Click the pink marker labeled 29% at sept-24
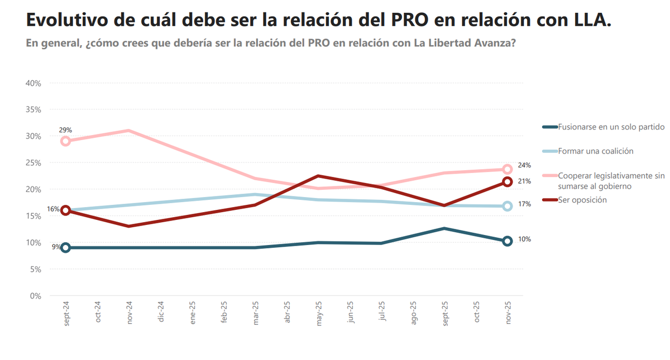pos(65,141)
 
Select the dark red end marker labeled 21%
pos(508,181)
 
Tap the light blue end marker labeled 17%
pos(508,206)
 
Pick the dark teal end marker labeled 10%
pos(508,241)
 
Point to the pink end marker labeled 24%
pos(508,169)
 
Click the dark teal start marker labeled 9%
pos(65,248)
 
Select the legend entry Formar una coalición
pos(595,151)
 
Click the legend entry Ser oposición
pos(582,200)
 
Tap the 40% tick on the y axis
pos(33,83)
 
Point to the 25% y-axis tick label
pos(33,163)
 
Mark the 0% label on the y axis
pos(36,296)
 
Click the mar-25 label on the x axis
pos(256,313)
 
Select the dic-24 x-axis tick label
pos(161,313)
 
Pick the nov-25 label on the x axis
pos(508,313)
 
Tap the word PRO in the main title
pos(410,20)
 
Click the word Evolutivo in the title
pos(66,20)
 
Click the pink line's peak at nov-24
pos(128,131)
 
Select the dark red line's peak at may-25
pos(318,176)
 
